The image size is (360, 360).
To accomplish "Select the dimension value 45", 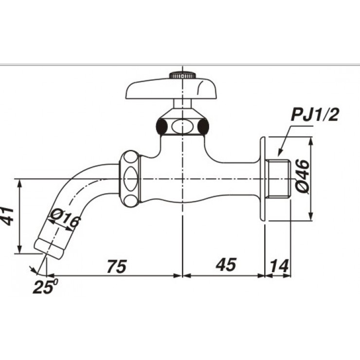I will pyautogui.click(x=226, y=265).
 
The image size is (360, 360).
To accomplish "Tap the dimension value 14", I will pyautogui.click(x=279, y=266).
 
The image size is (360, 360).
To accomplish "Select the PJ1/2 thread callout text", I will pyautogui.click(x=315, y=116).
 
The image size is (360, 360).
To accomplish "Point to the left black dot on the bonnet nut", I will pyautogui.click(x=161, y=127).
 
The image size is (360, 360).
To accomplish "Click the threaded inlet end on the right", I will pyautogui.click(x=279, y=178).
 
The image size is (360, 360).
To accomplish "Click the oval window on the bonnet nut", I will pyautogui.click(x=182, y=127).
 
